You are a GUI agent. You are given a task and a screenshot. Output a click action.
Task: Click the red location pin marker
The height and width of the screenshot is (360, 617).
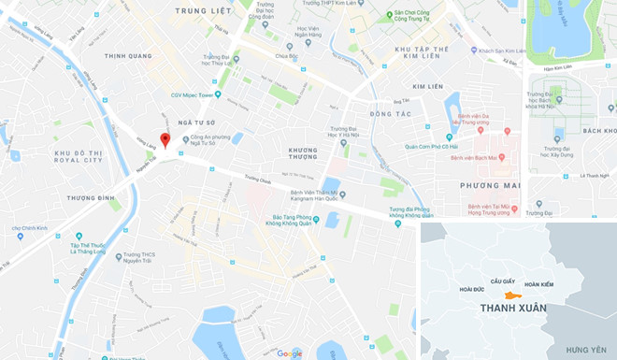pyautogui.click(x=165, y=140)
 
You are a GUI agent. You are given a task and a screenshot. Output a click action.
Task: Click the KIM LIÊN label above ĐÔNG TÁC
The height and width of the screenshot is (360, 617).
pyautogui.click(x=426, y=86)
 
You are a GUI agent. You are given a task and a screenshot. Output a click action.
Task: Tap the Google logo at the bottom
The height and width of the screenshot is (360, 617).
pyautogui.click(x=289, y=353)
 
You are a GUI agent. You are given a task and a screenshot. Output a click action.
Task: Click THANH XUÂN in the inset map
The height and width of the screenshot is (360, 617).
pyautogui.click(x=512, y=308)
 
